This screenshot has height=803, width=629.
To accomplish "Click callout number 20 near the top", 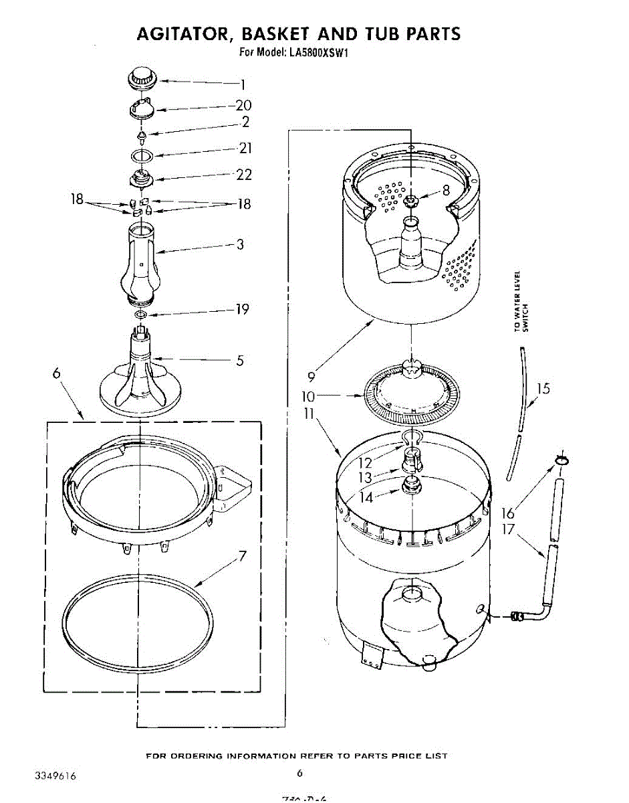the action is (x=244, y=105).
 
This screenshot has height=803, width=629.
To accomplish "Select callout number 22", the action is (x=244, y=175).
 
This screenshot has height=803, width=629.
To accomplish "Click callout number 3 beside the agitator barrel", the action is (x=240, y=244).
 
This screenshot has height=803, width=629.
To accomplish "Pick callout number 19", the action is (x=242, y=309).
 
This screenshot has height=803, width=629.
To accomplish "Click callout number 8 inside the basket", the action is (x=446, y=191).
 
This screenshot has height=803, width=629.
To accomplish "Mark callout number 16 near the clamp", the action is (x=509, y=513).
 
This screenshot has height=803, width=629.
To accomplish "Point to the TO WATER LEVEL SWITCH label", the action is (x=521, y=301).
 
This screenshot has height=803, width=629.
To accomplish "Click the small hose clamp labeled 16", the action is (x=559, y=459).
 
